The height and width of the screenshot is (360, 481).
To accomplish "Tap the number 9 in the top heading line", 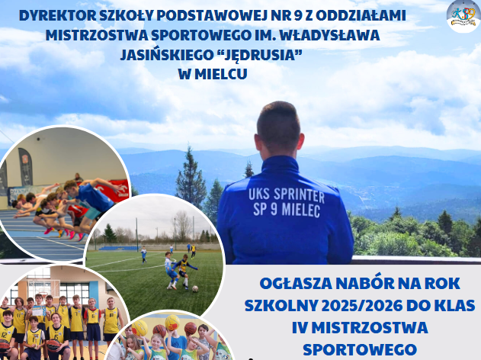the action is point(297,16).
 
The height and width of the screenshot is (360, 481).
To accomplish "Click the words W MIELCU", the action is point(213,74).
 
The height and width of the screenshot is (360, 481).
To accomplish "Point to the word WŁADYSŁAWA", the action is point(330,35).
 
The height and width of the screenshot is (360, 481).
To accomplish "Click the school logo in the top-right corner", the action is point(463,16).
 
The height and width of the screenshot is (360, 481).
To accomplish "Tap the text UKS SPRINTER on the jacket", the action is point(286,195).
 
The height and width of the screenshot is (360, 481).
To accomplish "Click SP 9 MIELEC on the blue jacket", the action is point(287,210).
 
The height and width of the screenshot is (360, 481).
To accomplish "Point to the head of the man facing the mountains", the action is point(278,129).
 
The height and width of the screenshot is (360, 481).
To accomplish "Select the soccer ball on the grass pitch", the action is point(195,288).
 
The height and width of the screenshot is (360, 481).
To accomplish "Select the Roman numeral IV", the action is point(300,328).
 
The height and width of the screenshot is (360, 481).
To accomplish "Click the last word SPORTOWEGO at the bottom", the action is point(360,349).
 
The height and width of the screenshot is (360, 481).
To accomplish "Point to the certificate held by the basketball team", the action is point(39,310).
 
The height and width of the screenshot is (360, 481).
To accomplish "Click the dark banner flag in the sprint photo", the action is point(26,166).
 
